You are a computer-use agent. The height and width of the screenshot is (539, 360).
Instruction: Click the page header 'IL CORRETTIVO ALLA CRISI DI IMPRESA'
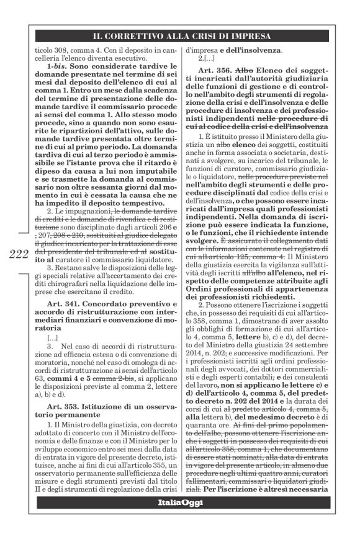[x=179, y=36]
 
